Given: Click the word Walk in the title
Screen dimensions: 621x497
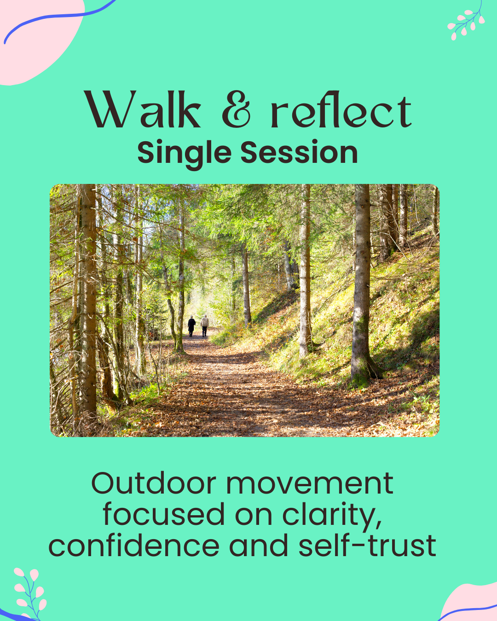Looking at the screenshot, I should [143, 110].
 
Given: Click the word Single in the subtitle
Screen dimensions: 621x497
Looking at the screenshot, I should [184, 153].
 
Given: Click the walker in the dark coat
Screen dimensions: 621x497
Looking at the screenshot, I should [191, 326].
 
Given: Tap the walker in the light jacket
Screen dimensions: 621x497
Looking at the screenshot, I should [205, 325].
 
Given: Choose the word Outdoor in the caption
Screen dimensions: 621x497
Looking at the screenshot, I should [154, 483].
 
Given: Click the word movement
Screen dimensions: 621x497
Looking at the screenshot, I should [310, 483].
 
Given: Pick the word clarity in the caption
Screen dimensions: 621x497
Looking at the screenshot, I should [332, 515].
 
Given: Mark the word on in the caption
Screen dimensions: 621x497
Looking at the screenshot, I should [254, 515].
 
